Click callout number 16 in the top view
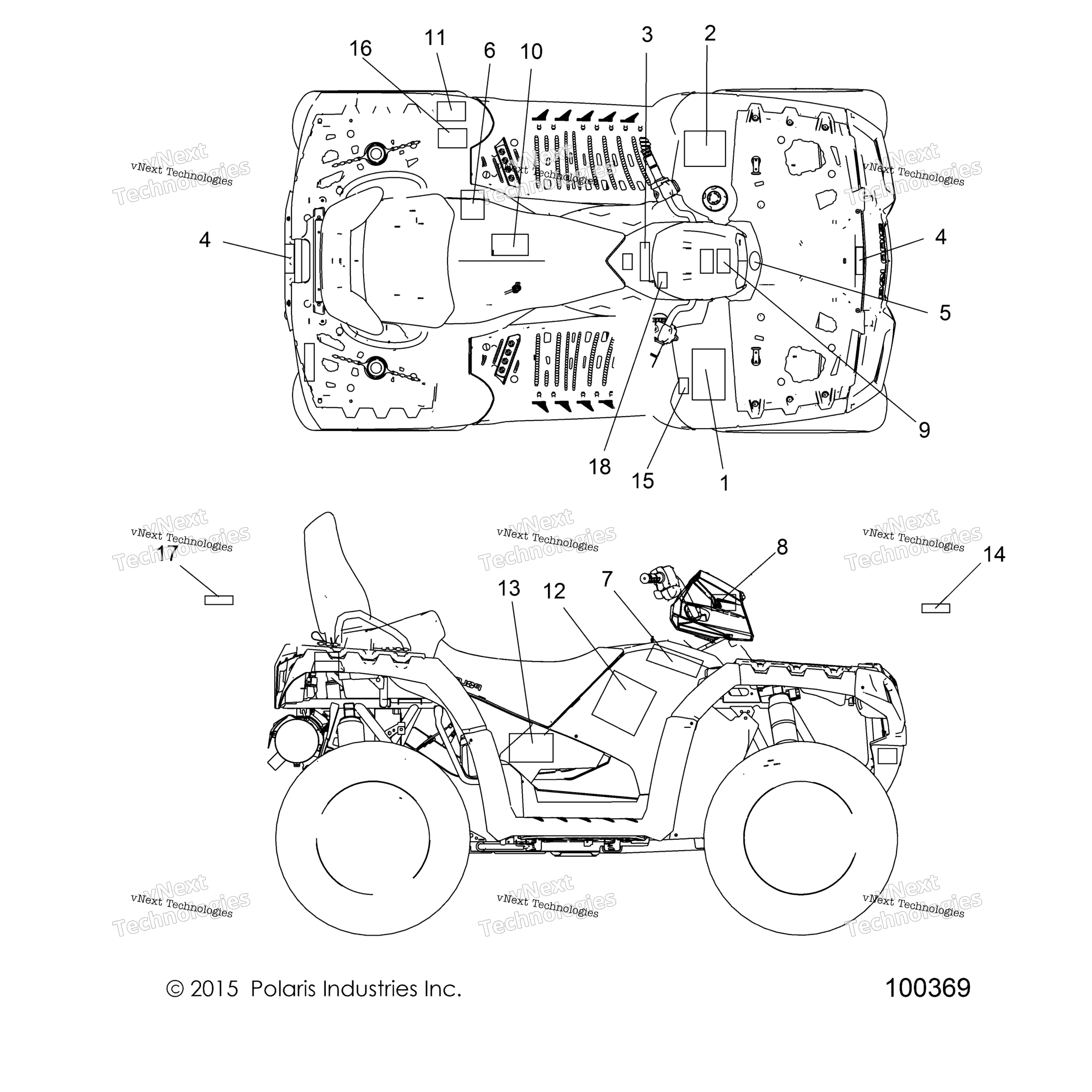360,49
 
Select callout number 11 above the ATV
435,38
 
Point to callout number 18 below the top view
600,467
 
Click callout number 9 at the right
924,430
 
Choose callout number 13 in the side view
509,588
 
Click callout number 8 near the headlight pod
782,547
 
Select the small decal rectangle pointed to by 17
219,600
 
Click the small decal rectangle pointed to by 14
936,608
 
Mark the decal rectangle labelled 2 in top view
705,149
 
